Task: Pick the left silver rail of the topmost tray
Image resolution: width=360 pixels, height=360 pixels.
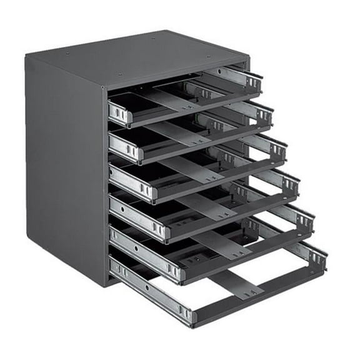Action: click(119, 112)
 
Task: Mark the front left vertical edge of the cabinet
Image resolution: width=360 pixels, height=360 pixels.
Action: click(108, 187)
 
